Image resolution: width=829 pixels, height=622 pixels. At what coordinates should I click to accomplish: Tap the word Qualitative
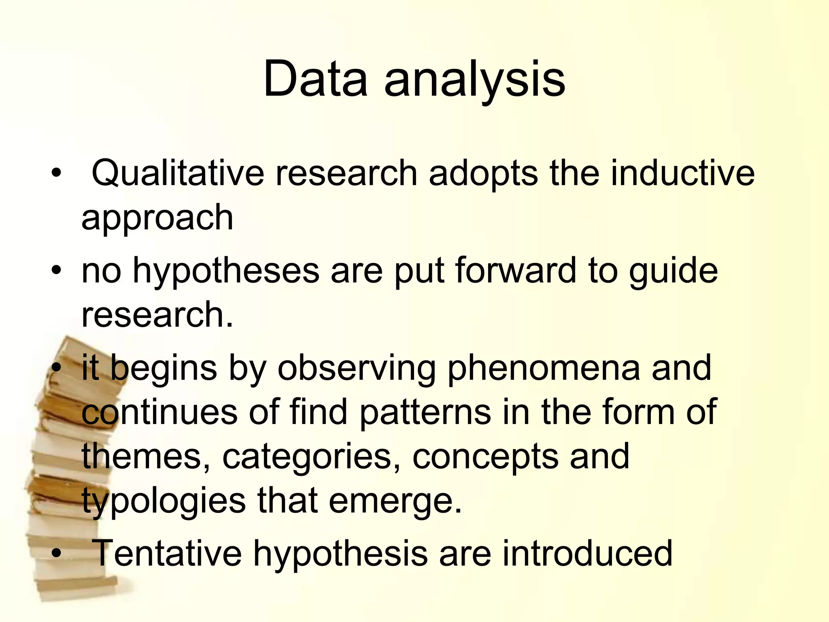coord(178,173)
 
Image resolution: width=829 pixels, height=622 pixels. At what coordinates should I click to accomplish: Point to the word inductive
coord(682,173)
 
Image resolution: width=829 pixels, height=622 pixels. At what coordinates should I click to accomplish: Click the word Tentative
coord(167,553)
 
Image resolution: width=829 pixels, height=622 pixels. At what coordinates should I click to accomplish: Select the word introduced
coord(587,553)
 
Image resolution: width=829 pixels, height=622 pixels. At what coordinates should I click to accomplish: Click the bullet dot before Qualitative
coord(57,173)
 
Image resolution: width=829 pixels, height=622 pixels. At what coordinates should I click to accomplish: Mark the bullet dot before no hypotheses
coord(57,270)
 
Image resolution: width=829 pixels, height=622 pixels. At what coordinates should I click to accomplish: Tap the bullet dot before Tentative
coord(57,553)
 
